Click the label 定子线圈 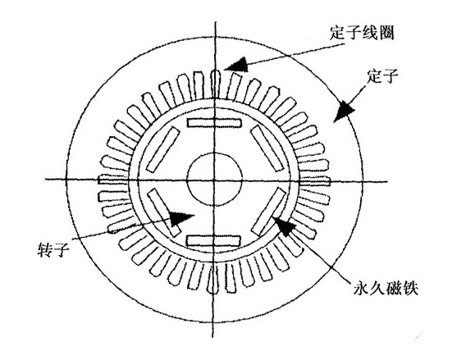[362, 33]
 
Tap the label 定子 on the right [382, 76]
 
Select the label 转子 [53, 249]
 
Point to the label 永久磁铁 [386, 289]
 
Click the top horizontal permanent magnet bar [214, 123]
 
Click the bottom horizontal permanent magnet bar [213, 241]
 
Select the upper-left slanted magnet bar [162, 149]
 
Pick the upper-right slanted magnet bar [267, 148]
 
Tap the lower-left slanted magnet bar [164, 212]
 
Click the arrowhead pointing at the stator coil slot [237, 65]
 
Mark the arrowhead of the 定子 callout [345, 112]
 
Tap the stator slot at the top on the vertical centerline [215, 84]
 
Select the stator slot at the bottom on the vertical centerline [213, 278]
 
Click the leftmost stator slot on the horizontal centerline [113, 180]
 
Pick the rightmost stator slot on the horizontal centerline [315, 181]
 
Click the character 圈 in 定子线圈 [386, 33]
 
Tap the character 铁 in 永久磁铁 [411, 289]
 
